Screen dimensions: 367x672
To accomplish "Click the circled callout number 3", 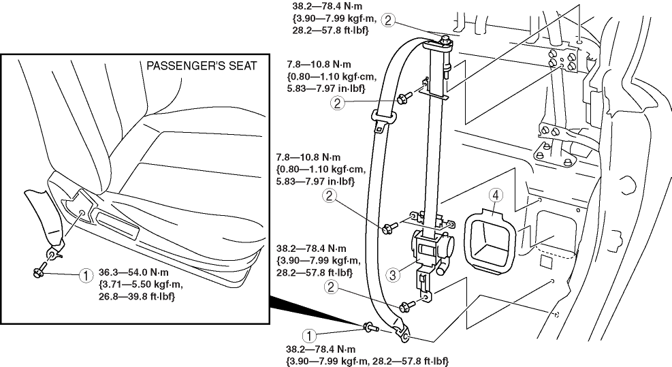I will (x=392, y=275).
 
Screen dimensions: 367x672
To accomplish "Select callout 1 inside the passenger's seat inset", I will (x=86, y=276).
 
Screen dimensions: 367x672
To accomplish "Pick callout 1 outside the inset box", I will (x=309, y=335).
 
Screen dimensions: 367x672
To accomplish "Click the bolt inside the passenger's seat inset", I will (x=39, y=272).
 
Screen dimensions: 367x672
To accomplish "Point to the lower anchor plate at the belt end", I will (x=402, y=333).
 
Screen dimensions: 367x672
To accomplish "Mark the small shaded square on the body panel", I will (x=546, y=260).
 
